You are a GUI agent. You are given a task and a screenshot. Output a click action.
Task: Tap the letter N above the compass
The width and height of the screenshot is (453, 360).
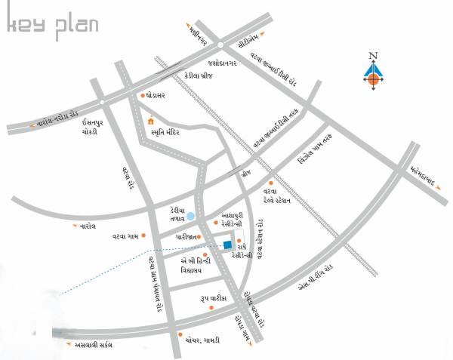click(371, 55)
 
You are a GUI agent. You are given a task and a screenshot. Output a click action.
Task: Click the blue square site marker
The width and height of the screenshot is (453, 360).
click(227, 244)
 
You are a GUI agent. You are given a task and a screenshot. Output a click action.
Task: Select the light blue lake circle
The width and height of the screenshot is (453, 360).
click(190, 217)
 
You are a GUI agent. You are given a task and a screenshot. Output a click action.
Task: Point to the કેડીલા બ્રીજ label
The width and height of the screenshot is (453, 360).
click(200, 76)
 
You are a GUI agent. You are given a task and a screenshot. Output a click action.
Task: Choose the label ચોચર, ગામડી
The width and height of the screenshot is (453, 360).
click(203, 340)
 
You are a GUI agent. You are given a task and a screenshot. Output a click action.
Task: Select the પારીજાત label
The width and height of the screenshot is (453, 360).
click(186, 236)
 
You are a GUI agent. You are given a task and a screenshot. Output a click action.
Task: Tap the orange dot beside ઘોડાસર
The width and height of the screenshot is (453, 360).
click(143, 96)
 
